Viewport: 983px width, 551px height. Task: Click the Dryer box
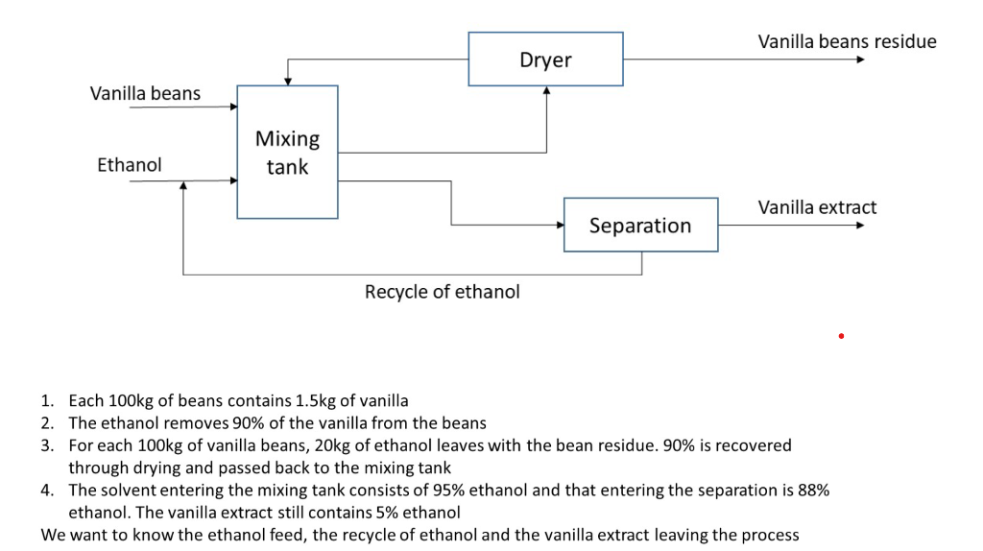coord(545,60)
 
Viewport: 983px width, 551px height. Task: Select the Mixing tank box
coord(287,153)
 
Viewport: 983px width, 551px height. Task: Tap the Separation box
coord(640,226)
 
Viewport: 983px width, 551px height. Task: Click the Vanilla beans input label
coord(145,93)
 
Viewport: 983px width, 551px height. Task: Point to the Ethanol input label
coord(130,165)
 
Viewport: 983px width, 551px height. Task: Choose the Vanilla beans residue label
coord(847,41)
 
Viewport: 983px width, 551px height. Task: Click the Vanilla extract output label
coord(817,207)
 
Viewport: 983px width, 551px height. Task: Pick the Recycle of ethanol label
coord(442,292)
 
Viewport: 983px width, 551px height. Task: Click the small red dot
coord(840,336)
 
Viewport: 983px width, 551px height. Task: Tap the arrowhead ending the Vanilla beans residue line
coord(860,60)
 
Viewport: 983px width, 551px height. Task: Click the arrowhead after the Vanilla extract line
coord(860,226)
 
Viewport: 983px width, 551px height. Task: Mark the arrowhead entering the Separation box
coord(560,226)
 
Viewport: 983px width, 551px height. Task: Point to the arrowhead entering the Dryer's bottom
coord(546,91)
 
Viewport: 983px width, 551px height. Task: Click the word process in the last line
coord(768,535)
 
